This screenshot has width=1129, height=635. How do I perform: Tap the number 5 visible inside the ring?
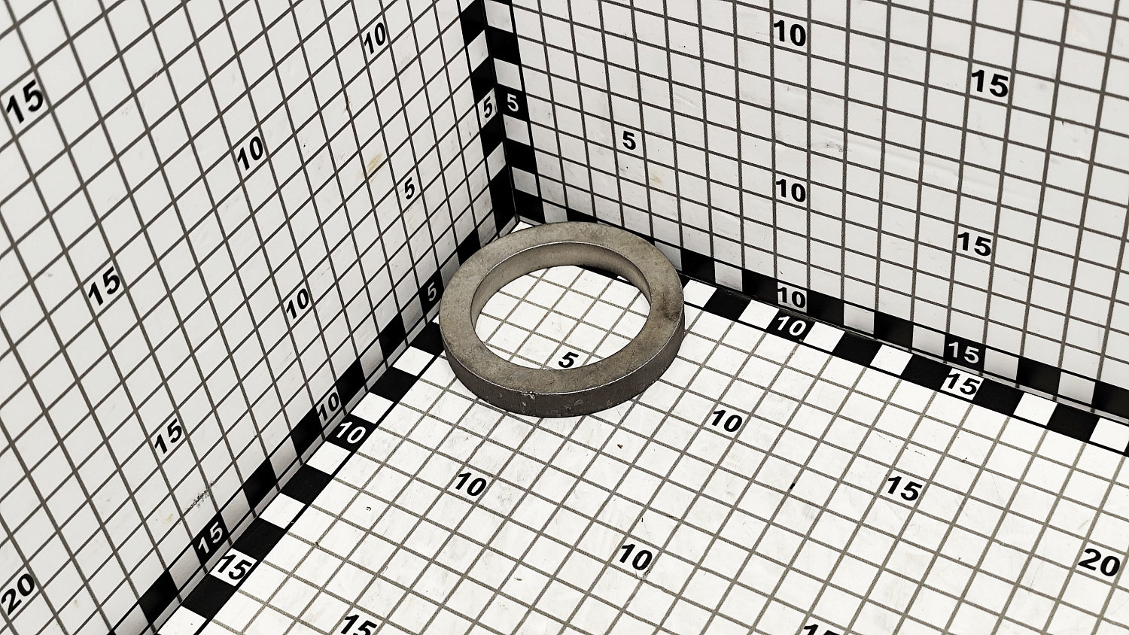tap(568, 360)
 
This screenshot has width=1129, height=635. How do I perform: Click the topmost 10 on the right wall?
tap(790, 34)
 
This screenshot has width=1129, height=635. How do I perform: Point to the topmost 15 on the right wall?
tap(990, 84)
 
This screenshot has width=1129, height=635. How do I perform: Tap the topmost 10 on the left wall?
tap(376, 39)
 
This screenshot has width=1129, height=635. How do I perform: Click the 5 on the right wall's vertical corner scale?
tap(512, 103)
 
